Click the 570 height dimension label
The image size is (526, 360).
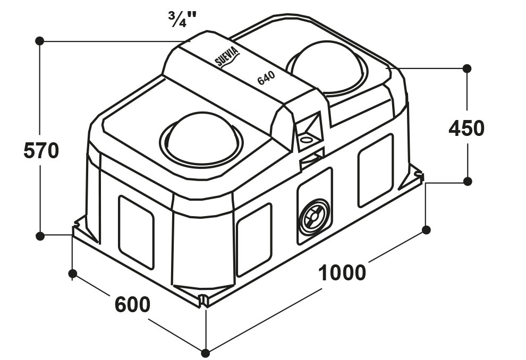click(x=41, y=151)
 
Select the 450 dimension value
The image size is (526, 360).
click(x=466, y=128)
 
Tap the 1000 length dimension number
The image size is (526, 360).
click(x=342, y=272)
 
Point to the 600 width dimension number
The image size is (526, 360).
click(x=132, y=304)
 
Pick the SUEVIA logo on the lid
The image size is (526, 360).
click(x=227, y=57)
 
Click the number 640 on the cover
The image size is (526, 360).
click(x=266, y=78)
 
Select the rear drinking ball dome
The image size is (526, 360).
click(x=327, y=67)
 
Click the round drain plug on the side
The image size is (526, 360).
click(x=315, y=217)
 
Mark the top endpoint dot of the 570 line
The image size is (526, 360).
click(x=40, y=41)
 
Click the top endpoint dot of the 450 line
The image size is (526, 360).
click(x=466, y=68)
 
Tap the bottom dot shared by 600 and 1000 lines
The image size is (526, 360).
click(x=205, y=353)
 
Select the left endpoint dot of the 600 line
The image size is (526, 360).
click(x=72, y=273)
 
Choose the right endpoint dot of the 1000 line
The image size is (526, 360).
click(x=426, y=230)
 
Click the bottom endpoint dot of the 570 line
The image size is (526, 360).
click(x=40, y=236)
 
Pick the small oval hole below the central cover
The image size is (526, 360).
click(x=306, y=139)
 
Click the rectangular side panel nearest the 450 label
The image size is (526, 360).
click(x=376, y=170)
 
